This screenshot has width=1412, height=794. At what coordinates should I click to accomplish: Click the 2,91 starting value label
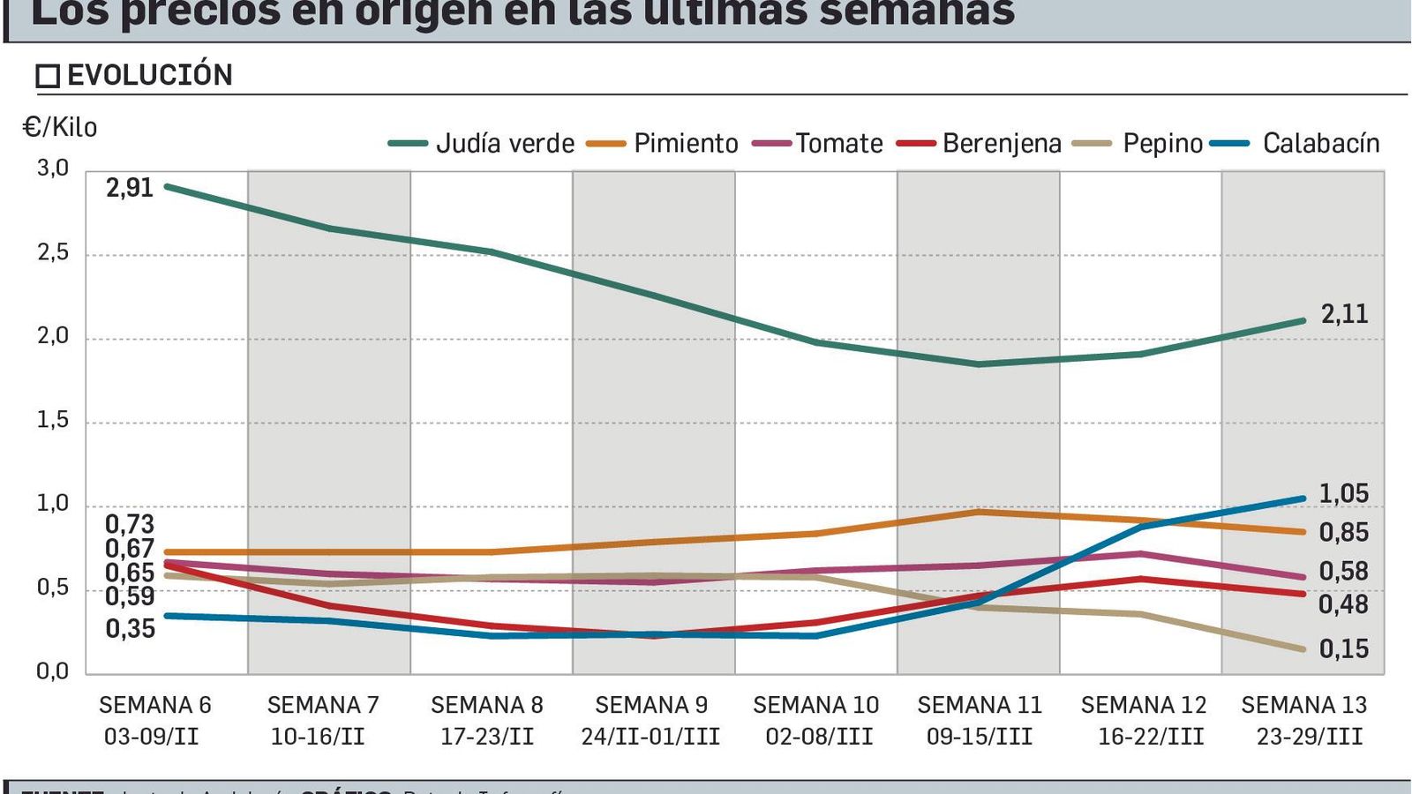130,188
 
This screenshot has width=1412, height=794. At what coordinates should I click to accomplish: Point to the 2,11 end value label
1344,314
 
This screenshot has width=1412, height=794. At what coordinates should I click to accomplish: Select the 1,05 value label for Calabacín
1343,494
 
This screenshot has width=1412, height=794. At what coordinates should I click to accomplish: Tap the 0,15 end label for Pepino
1343,649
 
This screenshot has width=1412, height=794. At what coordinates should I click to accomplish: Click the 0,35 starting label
130,629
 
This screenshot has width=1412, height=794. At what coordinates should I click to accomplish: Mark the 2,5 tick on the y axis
53,253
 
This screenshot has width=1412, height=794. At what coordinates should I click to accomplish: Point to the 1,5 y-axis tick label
53,421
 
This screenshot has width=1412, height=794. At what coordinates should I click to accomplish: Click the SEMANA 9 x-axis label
651,705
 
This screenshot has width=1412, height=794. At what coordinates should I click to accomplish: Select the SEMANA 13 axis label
1303,705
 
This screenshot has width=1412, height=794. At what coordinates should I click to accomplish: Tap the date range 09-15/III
979,737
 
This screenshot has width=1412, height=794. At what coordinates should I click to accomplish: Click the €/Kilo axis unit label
60,128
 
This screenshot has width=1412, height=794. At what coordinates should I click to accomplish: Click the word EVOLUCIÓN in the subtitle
150,76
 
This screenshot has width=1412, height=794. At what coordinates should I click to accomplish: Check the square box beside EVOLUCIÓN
48,77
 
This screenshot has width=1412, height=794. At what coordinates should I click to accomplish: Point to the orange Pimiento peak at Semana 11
979,512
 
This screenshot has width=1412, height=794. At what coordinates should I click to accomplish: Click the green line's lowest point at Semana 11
979,363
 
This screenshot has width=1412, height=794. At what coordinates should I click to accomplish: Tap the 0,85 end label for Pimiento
1343,533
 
